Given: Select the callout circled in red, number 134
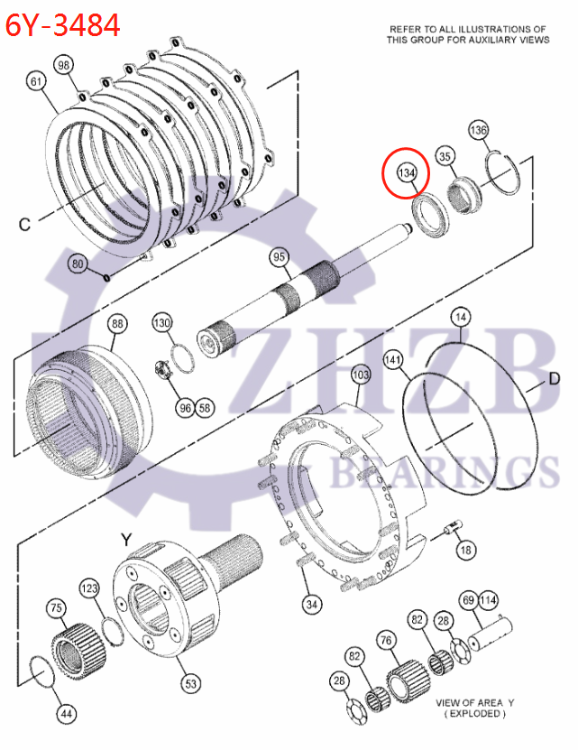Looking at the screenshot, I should pos(406,172).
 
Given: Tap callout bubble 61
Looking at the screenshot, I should pos(36,82).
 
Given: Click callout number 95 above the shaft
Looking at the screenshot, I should pos(280,258).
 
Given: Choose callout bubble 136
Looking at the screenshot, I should pos(478,131).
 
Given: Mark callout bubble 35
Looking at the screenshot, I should pos(445,157).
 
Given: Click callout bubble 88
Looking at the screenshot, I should pos(117,324).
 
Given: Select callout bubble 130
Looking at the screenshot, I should pos(161,323).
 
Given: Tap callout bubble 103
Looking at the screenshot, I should pos(360,374).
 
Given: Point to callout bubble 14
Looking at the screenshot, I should pos(461,318).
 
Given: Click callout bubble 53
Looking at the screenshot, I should pos(191,684).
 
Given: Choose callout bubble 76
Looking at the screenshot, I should pos(386,641).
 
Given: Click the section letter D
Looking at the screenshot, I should pos(555,380).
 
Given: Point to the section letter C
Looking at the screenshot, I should pos(24,223).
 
